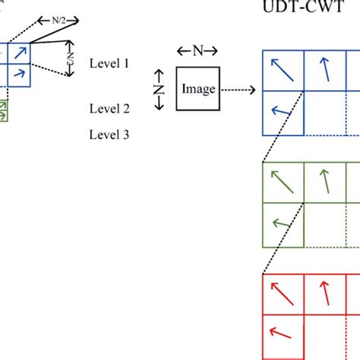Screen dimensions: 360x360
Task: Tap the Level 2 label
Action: [109, 109]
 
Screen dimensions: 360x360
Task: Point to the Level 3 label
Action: [109, 134]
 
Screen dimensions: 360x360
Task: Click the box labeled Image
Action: [198, 89]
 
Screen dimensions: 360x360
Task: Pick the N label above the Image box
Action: [197, 51]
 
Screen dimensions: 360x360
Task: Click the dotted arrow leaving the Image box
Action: [238, 89]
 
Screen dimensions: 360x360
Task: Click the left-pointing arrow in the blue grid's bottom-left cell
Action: [283, 113]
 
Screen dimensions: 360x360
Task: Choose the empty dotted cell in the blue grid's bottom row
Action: [326, 113]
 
